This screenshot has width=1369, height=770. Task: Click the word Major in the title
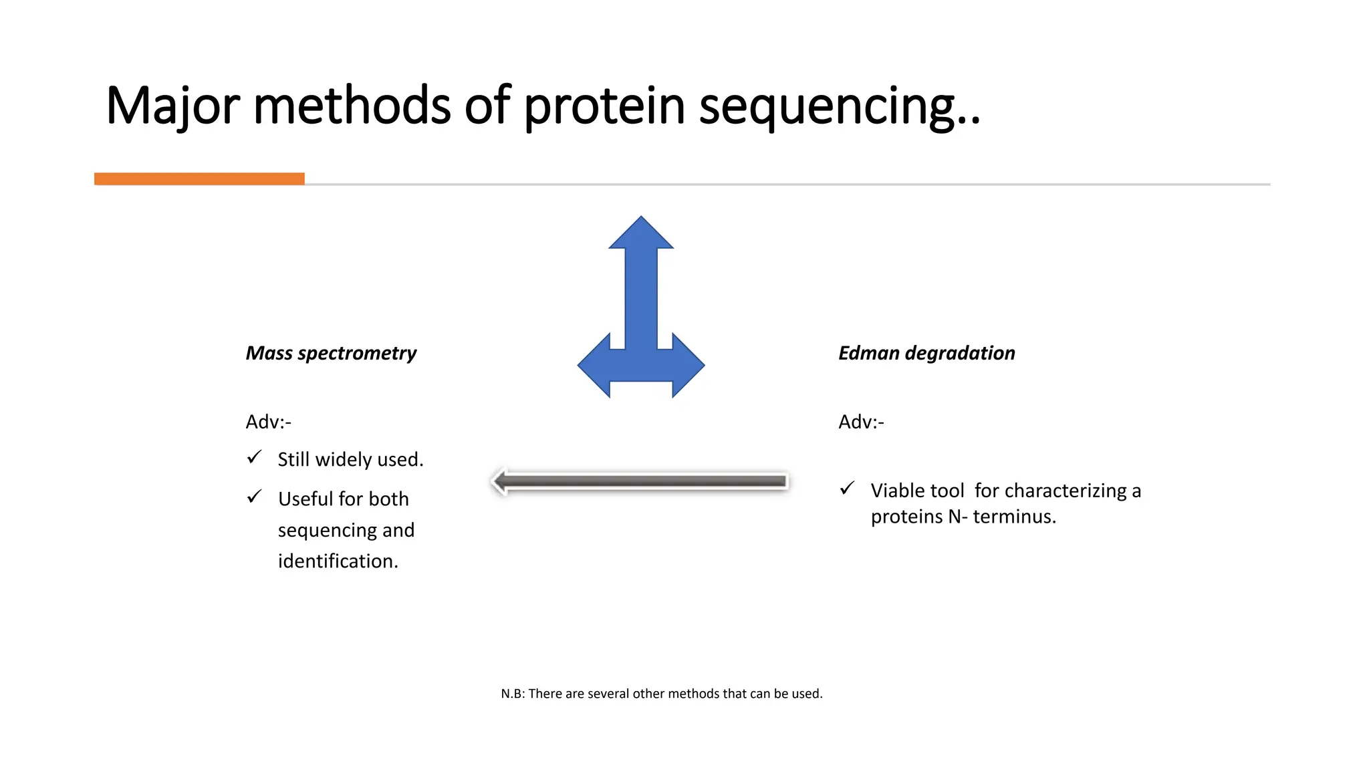[x=172, y=107]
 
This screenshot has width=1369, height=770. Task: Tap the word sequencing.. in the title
[x=840, y=107]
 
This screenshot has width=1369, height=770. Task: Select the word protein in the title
[x=604, y=107]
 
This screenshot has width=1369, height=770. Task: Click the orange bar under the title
[x=199, y=178]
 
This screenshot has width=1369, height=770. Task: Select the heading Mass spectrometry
[x=331, y=353]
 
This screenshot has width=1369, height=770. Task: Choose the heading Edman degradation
[x=926, y=353]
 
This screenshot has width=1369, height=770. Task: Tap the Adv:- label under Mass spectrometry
[x=268, y=422]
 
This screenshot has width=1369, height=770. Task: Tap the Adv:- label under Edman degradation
[x=861, y=422]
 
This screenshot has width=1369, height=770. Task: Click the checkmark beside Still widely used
[x=254, y=458]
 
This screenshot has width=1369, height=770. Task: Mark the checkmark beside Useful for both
[x=254, y=497]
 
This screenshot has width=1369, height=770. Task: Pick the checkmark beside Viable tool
[x=847, y=489]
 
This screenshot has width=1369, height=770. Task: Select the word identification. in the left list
[x=338, y=561]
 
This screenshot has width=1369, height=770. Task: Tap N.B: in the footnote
[x=513, y=694]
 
